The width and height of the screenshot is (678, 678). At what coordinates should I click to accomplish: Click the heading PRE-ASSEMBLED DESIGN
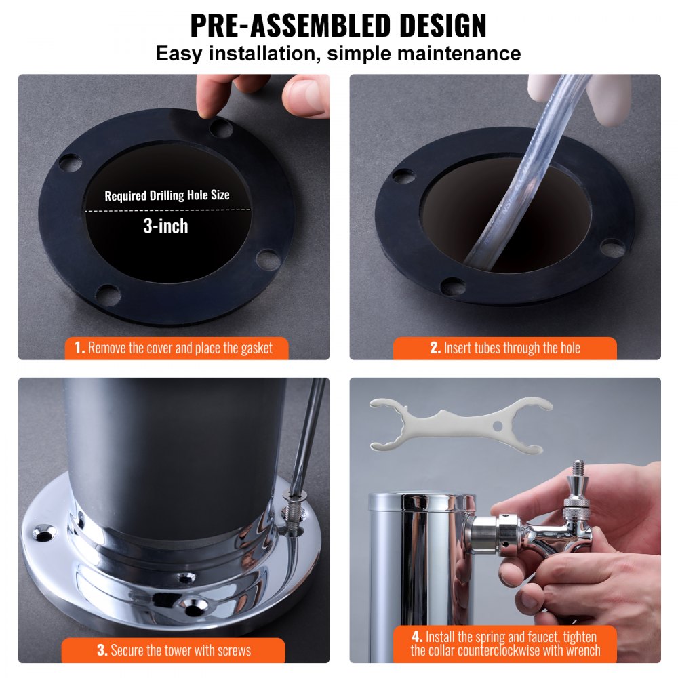(x=338, y=25)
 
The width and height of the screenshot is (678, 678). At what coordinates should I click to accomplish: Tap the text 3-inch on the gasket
(x=165, y=226)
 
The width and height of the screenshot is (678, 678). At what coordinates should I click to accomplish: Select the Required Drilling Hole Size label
(x=167, y=196)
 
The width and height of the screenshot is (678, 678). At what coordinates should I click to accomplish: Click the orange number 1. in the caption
(x=79, y=348)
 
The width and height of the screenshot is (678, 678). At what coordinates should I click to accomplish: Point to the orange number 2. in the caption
(x=435, y=348)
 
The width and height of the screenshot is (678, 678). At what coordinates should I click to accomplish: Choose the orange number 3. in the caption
(x=102, y=651)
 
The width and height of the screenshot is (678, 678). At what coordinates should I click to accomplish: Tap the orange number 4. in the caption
(x=416, y=637)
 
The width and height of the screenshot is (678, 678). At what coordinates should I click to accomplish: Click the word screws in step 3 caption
(x=233, y=651)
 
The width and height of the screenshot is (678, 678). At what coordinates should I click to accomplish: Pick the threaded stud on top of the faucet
(x=578, y=469)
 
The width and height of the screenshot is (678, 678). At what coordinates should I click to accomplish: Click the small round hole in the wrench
(x=498, y=425)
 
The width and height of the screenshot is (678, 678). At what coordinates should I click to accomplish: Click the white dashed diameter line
(x=167, y=210)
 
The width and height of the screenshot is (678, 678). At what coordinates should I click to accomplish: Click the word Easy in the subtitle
(x=178, y=54)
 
